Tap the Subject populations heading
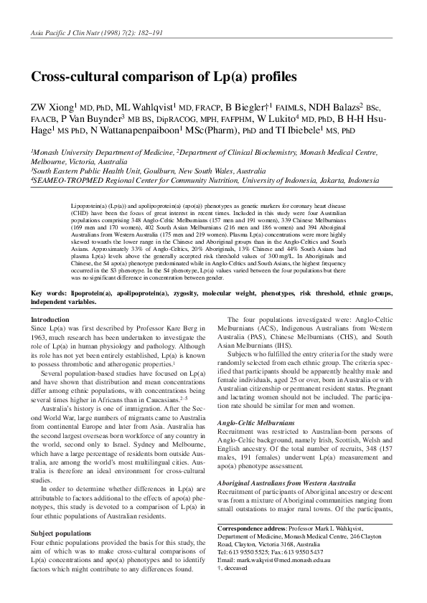coord(65,533)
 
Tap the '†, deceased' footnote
coord(236,566)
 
